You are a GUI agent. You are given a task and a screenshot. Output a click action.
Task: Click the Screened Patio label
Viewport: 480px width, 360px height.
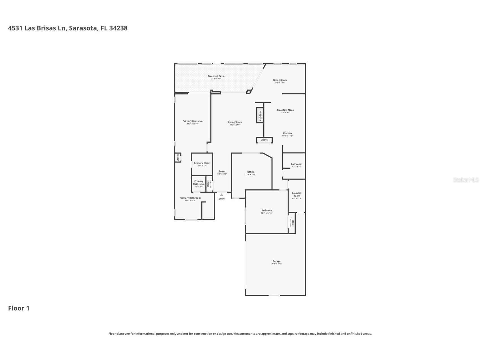216,76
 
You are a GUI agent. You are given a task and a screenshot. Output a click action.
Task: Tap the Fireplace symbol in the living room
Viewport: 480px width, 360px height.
260,115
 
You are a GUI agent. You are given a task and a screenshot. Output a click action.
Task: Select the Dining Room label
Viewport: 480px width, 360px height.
279,80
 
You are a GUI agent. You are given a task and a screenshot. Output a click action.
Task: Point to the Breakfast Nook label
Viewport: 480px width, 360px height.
285,110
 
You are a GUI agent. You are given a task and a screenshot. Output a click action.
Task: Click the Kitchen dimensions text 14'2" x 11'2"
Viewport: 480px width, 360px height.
287,136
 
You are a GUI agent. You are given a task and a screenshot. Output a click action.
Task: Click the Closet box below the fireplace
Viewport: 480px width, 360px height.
264,140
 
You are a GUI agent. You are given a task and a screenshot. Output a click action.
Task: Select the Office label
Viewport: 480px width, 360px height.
251,172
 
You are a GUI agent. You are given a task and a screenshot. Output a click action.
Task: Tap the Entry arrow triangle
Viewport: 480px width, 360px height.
221,195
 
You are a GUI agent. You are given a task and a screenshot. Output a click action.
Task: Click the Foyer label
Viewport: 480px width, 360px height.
222,171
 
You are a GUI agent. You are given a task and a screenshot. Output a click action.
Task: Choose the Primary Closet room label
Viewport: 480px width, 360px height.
202,163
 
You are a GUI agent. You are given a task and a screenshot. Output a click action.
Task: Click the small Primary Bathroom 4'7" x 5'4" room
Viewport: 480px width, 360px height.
199,184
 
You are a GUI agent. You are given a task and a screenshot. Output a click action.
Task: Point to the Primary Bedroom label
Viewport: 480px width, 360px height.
192,121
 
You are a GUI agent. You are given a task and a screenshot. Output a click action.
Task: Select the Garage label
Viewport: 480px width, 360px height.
277,261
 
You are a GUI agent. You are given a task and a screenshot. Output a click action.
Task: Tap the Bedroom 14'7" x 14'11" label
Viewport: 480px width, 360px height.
266,211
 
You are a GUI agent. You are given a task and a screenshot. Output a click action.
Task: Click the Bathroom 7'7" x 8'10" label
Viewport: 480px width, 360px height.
296,164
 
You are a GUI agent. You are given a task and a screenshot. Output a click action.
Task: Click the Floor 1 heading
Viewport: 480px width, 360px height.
19,308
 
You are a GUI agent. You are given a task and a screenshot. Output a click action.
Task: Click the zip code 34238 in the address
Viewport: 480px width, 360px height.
118,28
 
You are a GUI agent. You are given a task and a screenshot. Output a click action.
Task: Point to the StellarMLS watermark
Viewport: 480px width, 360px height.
466,180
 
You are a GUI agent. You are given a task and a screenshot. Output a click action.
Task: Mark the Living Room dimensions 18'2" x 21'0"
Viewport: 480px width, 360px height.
235,125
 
